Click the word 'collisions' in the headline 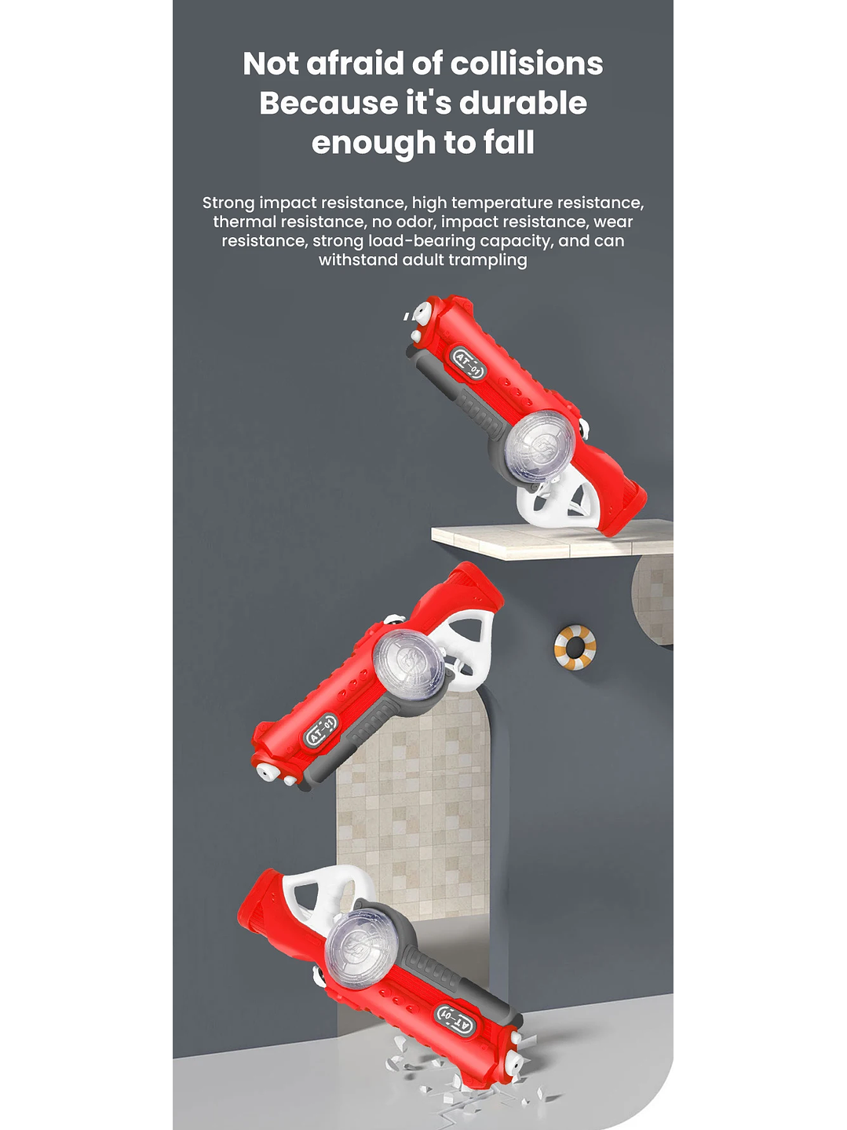pyautogui.click(x=527, y=64)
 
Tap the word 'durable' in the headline pyautogui.click(x=523, y=103)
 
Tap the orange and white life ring pyautogui.click(x=575, y=648)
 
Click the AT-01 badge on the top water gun pyautogui.click(x=468, y=363)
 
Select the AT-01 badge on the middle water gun pyautogui.click(x=322, y=730)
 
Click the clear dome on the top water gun pyautogui.click(x=539, y=446)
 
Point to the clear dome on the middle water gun pyautogui.click(x=408, y=665)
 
